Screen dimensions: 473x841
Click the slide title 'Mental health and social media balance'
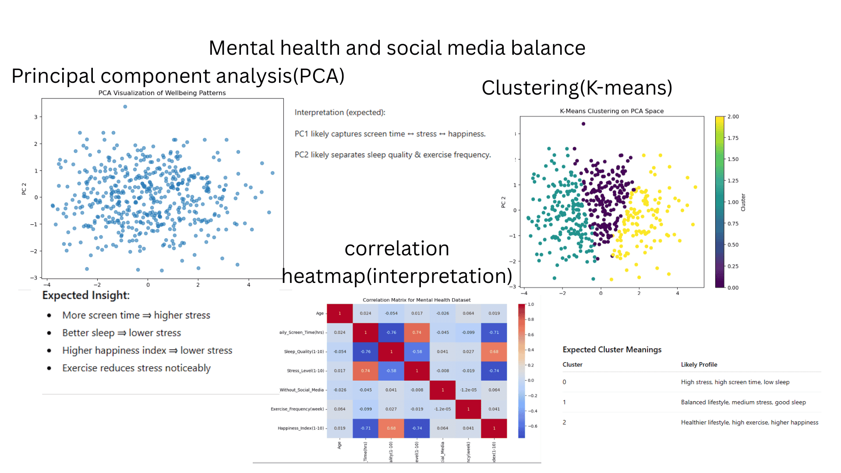coord(397,48)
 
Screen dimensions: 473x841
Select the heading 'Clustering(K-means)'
coord(577,88)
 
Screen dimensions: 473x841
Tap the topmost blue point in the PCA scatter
coord(125,106)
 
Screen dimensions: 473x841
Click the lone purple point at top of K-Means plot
coord(583,124)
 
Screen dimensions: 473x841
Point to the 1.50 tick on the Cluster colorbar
coord(733,159)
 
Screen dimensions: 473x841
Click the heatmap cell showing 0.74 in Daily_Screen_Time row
coord(417,332)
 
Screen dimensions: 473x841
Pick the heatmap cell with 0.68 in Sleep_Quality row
coord(494,352)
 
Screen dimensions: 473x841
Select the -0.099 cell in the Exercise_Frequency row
coord(365,409)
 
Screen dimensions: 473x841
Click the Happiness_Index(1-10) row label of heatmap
coord(301,428)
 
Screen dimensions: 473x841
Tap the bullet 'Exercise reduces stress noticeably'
coord(136,368)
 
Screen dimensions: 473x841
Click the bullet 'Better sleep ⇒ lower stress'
coord(121,333)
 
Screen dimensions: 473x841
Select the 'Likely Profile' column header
coord(699,364)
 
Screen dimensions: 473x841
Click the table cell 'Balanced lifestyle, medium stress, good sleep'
coord(743,402)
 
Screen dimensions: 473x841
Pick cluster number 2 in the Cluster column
coord(564,422)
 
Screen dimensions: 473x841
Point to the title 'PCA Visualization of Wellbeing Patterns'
coord(162,93)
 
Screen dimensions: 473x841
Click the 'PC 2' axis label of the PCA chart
coord(24,189)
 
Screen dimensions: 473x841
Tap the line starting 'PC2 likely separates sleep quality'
coord(392,155)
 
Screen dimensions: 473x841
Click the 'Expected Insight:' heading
coord(86,295)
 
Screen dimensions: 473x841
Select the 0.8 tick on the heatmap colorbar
coord(530,319)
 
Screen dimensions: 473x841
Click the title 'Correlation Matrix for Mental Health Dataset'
coord(417,300)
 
